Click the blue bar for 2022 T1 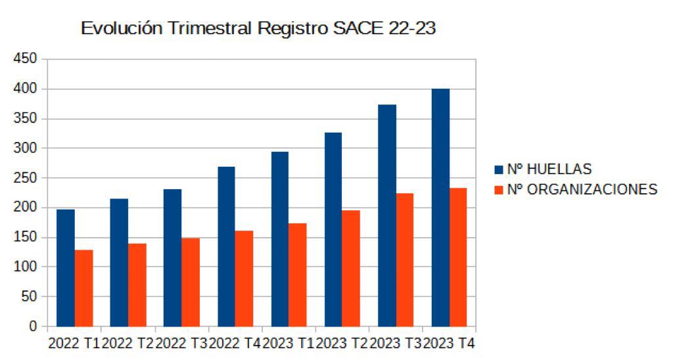[x=66, y=267]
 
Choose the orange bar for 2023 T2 [x=351, y=268]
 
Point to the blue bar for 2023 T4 [x=440, y=207]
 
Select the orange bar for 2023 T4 [x=458, y=257]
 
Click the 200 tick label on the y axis [x=26, y=208]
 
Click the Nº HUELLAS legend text [x=549, y=169]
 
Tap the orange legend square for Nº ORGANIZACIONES [x=499, y=190]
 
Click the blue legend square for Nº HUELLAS [x=499, y=170]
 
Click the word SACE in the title [x=360, y=29]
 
